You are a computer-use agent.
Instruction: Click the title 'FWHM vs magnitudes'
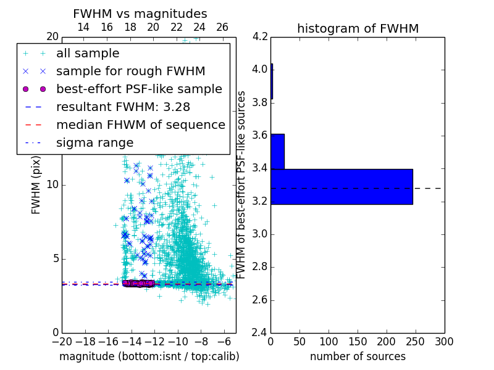click(x=140, y=14)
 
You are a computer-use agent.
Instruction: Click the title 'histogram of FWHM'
click(x=358, y=28)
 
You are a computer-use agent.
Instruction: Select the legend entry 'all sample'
click(x=88, y=54)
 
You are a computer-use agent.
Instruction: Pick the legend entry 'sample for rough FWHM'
click(x=130, y=71)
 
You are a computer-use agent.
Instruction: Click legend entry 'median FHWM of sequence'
click(x=140, y=125)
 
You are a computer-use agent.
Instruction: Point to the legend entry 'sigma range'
click(x=94, y=142)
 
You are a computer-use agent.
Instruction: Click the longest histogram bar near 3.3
click(x=341, y=186)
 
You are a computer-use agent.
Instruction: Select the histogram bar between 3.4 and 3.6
click(x=277, y=151)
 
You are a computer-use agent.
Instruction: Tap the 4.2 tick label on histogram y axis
click(x=260, y=36)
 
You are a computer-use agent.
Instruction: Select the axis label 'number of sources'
click(x=358, y=356)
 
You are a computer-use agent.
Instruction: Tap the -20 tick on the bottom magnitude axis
click(x=62, y=342)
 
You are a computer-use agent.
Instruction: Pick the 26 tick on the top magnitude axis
click(x=222, y=27)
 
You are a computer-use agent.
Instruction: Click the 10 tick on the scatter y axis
click(x=53, y=184)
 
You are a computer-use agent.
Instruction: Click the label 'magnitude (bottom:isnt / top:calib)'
click(x=149, y=356)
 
